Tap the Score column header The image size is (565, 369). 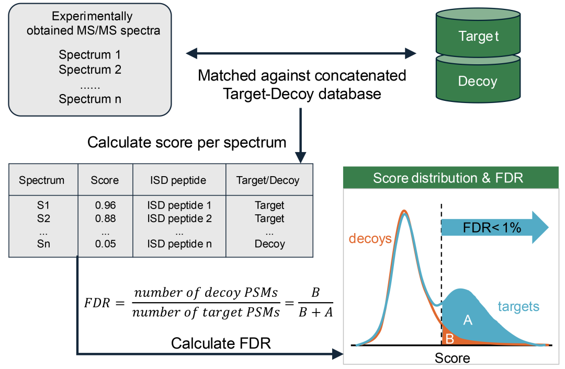pos(105,180)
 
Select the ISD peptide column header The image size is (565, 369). pos(179,180)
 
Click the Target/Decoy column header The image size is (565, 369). pos(268,180)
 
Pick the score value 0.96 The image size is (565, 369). pos(105,205)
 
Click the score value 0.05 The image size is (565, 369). pos(105,244)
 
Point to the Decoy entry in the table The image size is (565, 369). pos(269,244)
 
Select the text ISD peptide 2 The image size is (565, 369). pos(179,218)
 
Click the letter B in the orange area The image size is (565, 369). pos(449,339)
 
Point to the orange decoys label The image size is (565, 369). pos(370,239)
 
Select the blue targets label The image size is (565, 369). pos(518,306)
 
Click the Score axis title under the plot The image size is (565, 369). pos(452,358)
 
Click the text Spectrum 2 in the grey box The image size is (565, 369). pos(90,69)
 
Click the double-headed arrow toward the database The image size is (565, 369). pos(301,53)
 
